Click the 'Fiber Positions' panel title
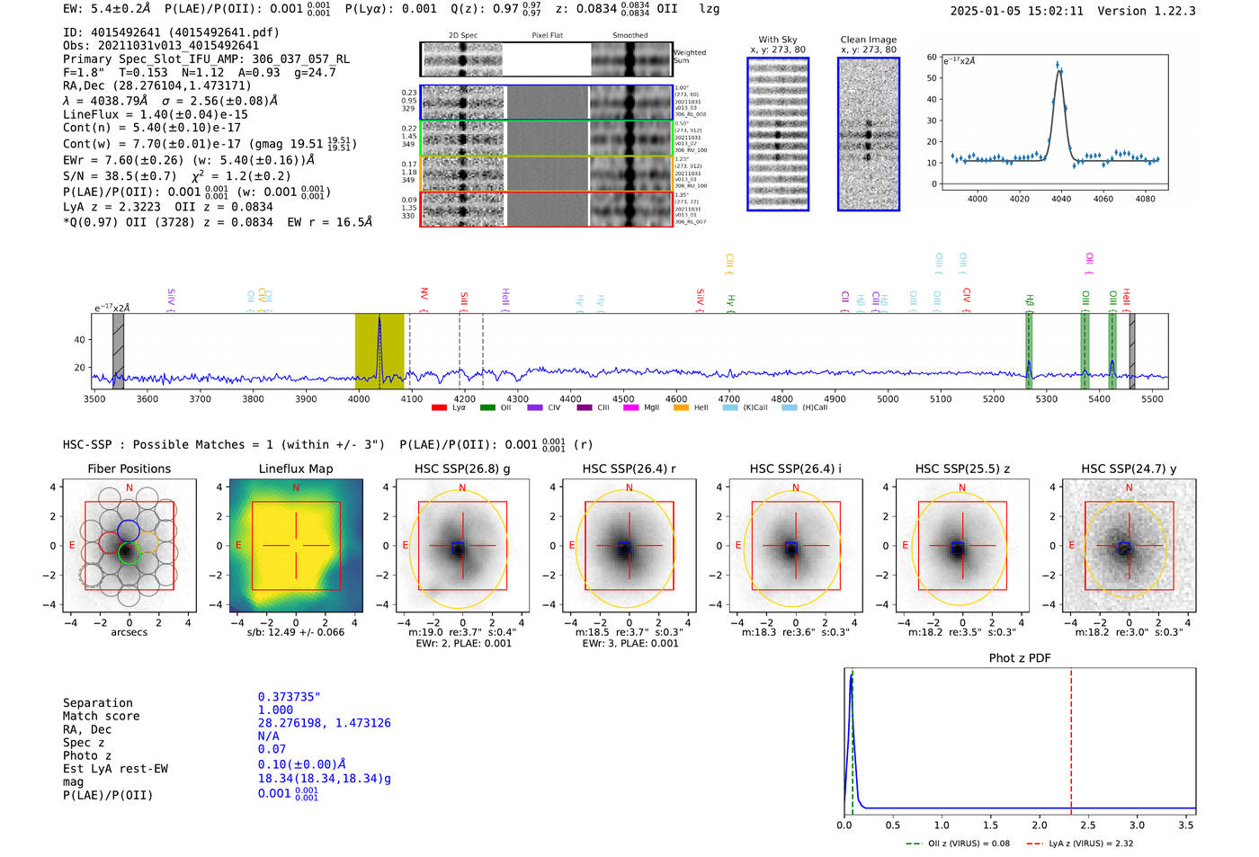pyautogui.click(x=129, y=469)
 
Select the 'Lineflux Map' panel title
pyautogui.click(x=295, y=469)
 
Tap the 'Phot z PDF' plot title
pyautogui.click(x=1019, y=658)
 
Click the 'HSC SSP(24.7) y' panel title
pyautogui.click(x=1128, y=469)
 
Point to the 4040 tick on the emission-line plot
pyautogui.click(x=1061, y=199)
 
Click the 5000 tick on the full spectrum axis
pyautogui.click(x=887, y=398)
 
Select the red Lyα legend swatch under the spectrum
pyautogui.click(x=439, y=408)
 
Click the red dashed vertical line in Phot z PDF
pyautogui.click(x=1071, y=737)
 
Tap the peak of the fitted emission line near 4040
pyautogui.click(x=1059, y=70)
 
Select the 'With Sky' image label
pyautogui.click(x=777, y=40)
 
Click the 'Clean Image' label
pyautogui.click(x=868, y=40)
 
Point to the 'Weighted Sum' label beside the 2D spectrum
pyautogui.click(x=689, y=57)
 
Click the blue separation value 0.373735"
pyautogui.click(x=289, y=697)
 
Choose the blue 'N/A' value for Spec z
pyautogui.click(x=268, y=736)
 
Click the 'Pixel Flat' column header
pyautogui.click(x=547, y=36)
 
